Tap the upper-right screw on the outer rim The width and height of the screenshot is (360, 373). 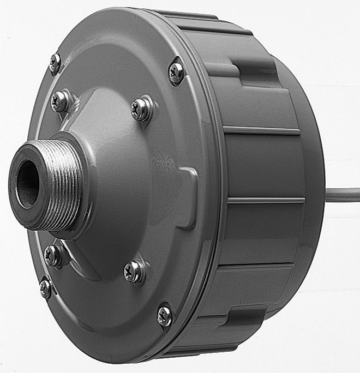[176, 73]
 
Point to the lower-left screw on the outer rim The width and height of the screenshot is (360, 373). [46, 288]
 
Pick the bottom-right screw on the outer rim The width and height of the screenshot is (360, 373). [165, 315]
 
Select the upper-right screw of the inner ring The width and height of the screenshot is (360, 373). [141, 109]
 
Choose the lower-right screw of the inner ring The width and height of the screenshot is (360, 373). [134, 270]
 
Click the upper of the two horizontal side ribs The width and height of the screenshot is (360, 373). [262, 131]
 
